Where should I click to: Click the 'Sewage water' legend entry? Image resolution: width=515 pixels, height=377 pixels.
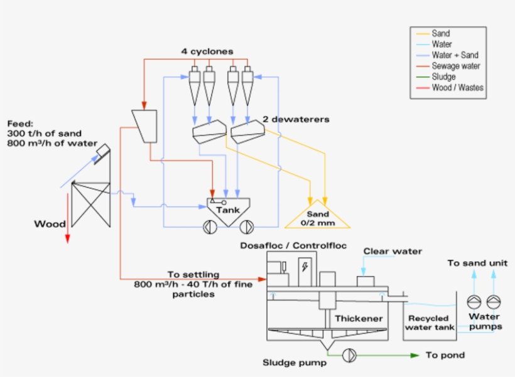(455, 66)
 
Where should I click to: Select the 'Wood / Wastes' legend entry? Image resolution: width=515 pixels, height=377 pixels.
(457, 87)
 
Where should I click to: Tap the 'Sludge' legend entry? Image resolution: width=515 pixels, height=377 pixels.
(443, 77)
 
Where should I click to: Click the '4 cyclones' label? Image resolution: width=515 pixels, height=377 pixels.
(207, 51)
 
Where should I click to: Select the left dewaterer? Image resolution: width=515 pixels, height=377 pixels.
(209, 132)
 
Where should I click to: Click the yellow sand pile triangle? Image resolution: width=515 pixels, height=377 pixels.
(317, 216)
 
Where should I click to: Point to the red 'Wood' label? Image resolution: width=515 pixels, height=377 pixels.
(50, 224)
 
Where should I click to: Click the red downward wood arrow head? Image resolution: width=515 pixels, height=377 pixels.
(68, 239)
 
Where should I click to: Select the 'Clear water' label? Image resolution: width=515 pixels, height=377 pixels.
(393, 252)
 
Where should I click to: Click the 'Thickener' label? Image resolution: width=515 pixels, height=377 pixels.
(358, 319)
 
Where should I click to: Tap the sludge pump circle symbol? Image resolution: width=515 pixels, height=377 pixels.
(349, 356)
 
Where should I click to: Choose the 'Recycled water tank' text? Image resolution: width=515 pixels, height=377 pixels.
(430, 322)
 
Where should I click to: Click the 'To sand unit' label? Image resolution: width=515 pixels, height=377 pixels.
(477, 263)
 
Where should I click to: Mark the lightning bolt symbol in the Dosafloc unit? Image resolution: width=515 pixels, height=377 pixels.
(305, 267)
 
